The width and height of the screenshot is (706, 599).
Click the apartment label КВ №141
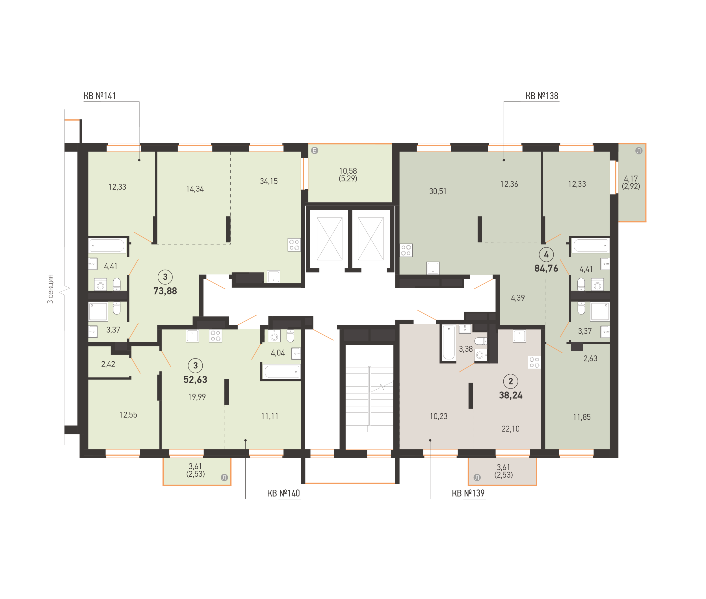pyautogui.click(x=99, y=96)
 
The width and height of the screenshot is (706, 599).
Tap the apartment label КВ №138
pyautogui.click(x=542, y=96)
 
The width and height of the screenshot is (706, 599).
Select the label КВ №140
pyautogui.click(x=283, y=493)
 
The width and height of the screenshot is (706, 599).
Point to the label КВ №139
pyautogui.click(x=468, y=493)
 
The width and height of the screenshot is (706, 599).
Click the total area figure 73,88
pyautogui.click(x=165, y=291)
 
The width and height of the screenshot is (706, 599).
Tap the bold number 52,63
pyautogui.click(x=195, y=380)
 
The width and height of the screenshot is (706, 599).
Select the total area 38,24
pyautogui.click(x=510, y=395)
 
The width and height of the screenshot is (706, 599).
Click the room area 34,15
pyautogui.click(x=268, y=181)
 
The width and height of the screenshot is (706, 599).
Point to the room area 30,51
pyautogui.click(x=438, y=192)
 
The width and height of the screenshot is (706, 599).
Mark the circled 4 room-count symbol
pyautogui.click(x=546, y=254)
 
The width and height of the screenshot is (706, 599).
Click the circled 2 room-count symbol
pyautogui.click(x=510, y=381)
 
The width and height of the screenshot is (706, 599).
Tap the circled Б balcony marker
pyautogui.click(x=315, y=150)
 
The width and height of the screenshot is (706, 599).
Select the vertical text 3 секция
pyautogui.click(x=50, y=289)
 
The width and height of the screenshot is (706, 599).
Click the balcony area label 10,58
pyautogui.click(x=348, y=171)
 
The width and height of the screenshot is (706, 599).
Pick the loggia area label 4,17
pyautogui.click(x=631, y=179)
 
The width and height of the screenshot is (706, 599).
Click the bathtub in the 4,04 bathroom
pyautogui.click(x=281, y=372)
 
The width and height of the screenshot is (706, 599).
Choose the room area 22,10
pyautogui.click(x=510, y=429)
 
